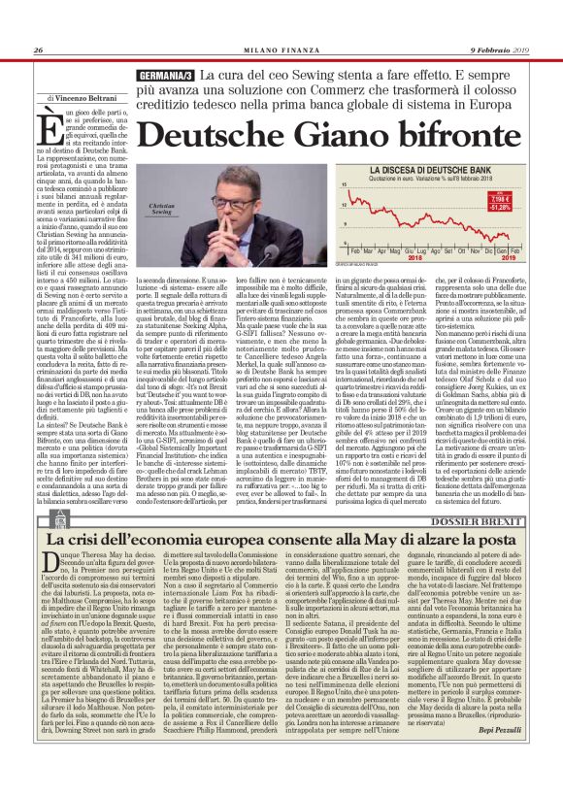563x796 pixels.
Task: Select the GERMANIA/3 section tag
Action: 168,76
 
